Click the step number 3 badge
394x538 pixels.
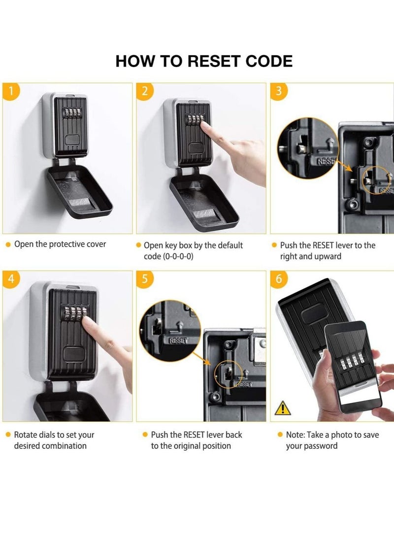coord(279,91)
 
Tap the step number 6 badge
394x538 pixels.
coord(279,279)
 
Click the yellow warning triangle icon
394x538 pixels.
coord(283,407)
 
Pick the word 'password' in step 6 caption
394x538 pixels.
coord(321,446)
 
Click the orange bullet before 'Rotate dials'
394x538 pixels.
coord(8,435)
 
